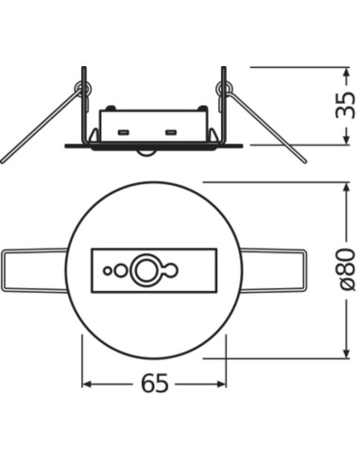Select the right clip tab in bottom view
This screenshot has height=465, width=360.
[x=274, y=271]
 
